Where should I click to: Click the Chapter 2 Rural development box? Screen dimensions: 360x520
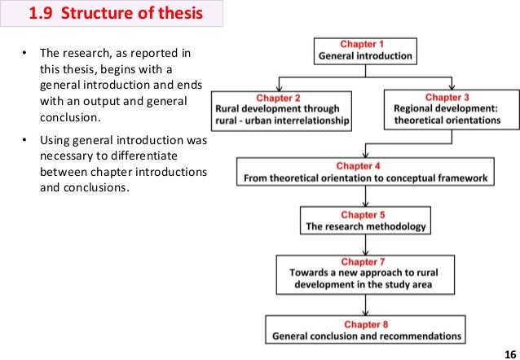point(281,111)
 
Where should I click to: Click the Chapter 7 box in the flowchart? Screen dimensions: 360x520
point(364,274)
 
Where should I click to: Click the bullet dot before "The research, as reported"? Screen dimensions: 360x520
point(24,54)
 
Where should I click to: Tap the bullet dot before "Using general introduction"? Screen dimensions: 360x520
point(24,140)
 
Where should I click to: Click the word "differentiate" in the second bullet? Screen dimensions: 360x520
point(163,155)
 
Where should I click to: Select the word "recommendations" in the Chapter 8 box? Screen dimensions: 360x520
point(418,336)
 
